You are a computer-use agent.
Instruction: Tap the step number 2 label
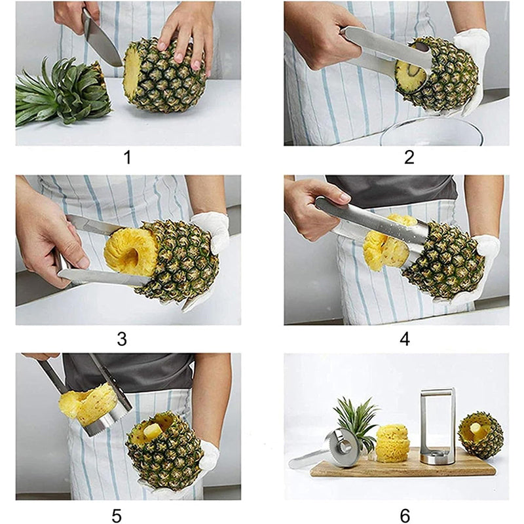pyautogui.click(x=409, y=158)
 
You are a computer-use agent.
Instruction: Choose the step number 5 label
pyautogui.click(x=117, y=515)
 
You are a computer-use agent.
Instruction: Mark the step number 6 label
pyautogui.click(x=404, y=515)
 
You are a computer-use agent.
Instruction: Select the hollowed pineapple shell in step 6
pyautogui.click(x=480, y=435)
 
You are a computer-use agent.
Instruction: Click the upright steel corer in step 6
pyautogui.click(x=437, y=426)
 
